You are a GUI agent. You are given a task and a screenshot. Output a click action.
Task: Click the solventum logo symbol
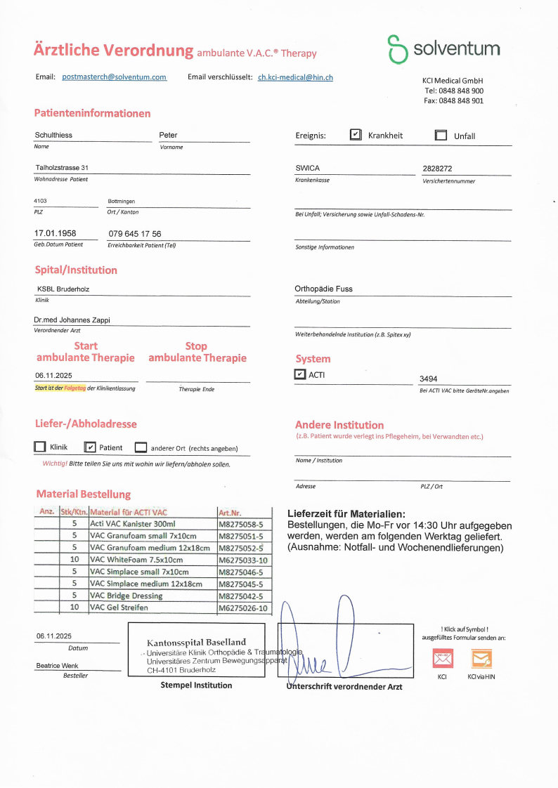pos(398,48)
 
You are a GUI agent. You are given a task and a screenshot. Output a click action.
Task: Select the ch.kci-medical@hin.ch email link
pos(295,77)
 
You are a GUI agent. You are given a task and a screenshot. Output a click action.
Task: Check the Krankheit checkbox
pos(356,135)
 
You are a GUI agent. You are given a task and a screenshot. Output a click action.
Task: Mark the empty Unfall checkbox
pos(441,136)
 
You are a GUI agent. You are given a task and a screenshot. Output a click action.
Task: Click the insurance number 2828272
pos(437,169)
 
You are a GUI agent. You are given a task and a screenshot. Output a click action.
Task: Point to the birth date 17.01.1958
pos(56,233)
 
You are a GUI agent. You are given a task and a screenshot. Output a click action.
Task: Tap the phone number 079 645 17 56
pos(135,234)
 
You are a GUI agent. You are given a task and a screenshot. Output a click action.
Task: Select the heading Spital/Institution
pos(76,270)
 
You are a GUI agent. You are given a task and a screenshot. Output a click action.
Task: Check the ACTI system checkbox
pos(300,374)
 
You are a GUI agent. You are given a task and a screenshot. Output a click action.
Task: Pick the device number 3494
pos(429,379)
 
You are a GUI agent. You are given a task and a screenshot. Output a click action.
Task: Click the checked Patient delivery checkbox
pos(89,447)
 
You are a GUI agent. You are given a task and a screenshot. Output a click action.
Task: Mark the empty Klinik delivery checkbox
pos(40,447)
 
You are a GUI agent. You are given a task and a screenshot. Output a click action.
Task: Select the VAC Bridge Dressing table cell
pos(126,596)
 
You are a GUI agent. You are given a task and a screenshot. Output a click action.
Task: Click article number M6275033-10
pos(243,560)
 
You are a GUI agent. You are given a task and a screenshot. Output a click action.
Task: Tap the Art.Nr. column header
pos(231,512)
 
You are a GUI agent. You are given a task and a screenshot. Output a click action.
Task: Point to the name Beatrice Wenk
pos(58,666)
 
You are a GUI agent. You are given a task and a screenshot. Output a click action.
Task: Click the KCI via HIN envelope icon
pos(481,658)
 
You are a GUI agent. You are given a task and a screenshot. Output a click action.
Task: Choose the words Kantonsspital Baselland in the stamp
pos(196,642)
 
